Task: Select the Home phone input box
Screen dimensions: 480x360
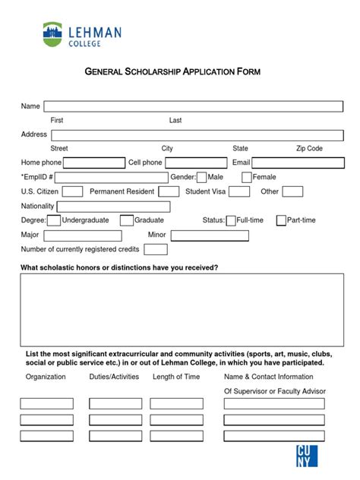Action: point(94,163)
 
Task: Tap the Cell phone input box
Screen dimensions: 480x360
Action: point(196,163)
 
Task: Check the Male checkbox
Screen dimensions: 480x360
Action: point(201,177)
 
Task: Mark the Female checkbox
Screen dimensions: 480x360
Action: point(247,177)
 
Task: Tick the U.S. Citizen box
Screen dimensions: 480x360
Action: point(72,191)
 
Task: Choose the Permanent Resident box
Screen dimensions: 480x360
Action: point(169,191)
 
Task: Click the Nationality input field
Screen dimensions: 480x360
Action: point(113,207)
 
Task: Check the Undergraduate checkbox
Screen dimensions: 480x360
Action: point(54,220)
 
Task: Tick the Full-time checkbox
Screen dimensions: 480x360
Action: point(231,220)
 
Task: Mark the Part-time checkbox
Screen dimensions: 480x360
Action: point(281,220)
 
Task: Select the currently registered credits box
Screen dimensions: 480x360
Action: point(156,249)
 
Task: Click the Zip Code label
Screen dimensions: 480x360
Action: point(309,148)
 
